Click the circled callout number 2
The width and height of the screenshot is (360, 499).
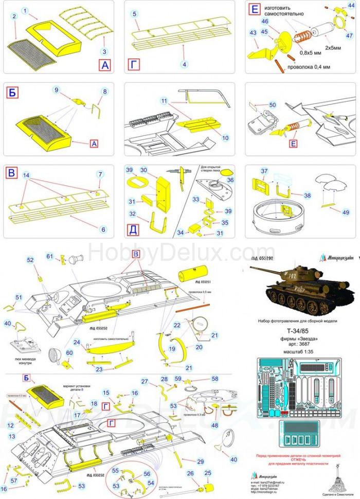[x=14, y=16]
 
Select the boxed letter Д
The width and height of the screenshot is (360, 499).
[x=133, y=229]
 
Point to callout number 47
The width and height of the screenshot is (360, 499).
[x=350, y=35]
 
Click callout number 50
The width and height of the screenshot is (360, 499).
[x=273, y=105]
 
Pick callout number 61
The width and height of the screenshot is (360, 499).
[x=50, y=256]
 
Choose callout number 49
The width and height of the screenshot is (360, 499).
[x=346, y=212]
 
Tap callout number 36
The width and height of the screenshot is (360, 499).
[x=230, y=180]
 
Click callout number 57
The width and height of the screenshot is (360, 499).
[x=14, y=480]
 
